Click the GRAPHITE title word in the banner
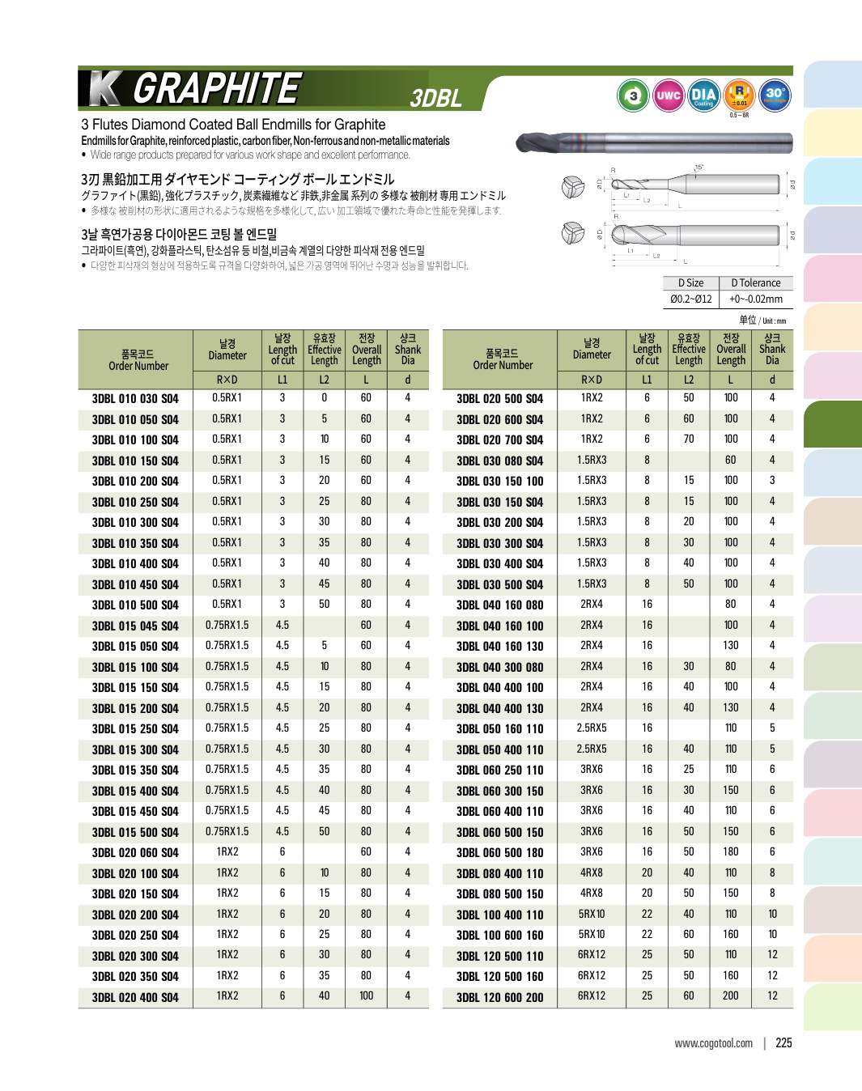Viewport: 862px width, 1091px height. tap(216, 88)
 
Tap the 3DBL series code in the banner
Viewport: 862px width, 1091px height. tap(435, 98)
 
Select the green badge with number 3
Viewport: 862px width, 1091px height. tap(634, 96)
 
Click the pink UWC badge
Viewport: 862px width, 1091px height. tap(668, 96)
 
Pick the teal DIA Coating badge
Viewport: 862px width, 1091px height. tap(703, 96)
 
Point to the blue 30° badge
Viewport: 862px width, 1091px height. tap(775, 95)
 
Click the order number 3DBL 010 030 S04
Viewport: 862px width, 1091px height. tap(135, 398)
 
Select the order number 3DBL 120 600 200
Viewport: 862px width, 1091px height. tap(499, 997)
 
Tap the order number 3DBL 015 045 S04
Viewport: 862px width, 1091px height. tap(135, 626)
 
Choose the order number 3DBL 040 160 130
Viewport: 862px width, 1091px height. tap(499, 646)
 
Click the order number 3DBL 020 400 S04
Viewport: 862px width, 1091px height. tap(135, 997)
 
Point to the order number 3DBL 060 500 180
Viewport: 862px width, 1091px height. tap(499, 852)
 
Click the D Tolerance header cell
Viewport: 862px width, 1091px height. tap(755, 283)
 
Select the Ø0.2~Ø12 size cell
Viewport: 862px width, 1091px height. tap(690, 299)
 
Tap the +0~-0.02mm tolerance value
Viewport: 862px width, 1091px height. tap(755, 299)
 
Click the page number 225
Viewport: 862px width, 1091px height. tap(783, 1042)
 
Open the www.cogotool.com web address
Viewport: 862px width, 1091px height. tap(713, 1043)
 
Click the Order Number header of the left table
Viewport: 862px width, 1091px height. tap(138, 360)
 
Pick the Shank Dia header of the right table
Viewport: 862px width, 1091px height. tap(772, 350)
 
